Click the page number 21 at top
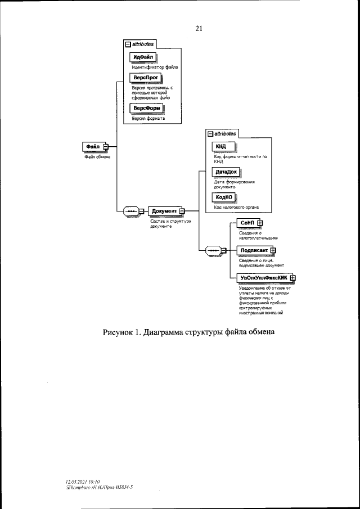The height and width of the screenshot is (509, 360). [199, 29]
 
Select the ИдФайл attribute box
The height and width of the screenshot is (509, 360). [143, 57]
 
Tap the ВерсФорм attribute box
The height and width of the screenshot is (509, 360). [145, 109]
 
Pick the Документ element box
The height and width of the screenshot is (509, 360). [164, 211]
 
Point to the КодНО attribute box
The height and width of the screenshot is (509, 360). [223, 196]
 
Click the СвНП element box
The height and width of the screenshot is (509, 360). [247, 223]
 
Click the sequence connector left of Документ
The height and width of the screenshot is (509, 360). [131, 211]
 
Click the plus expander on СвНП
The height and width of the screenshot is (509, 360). [260, 223]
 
